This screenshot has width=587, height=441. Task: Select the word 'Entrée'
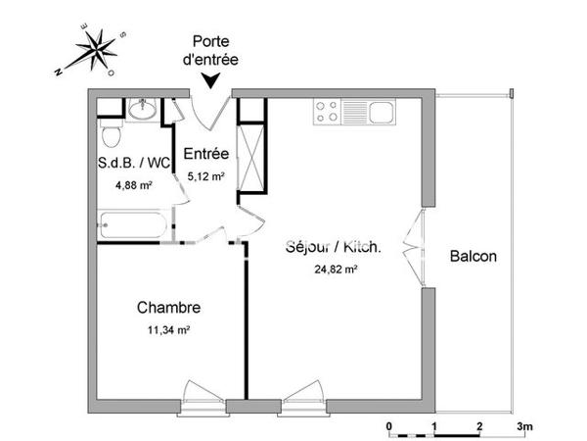206,155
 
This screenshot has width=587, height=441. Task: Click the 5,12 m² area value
206,177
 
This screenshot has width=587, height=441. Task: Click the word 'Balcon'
474,258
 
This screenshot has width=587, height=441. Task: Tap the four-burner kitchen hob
326,113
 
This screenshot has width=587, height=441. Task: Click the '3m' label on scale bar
525,426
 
